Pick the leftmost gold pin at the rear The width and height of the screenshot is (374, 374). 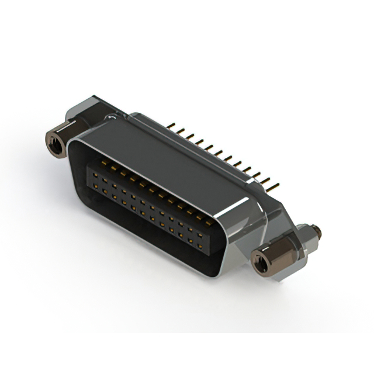174,126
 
